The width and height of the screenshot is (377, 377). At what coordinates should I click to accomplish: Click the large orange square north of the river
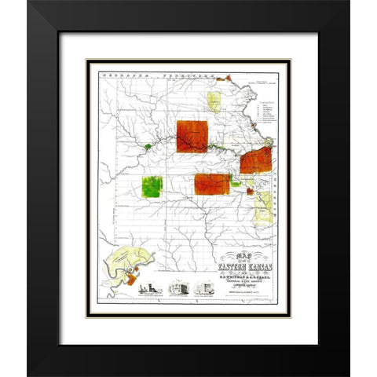tap(192, 136)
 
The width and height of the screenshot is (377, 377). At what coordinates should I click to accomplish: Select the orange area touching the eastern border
tap(256, 159)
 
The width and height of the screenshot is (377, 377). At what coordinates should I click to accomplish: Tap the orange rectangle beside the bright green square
tap(211, 184)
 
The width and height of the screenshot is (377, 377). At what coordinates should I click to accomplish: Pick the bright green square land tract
tap(152, 187)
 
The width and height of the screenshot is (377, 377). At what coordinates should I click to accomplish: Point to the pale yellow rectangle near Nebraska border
tap(213, 101)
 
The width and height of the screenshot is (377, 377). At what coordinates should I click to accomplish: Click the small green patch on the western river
tap(148, 146)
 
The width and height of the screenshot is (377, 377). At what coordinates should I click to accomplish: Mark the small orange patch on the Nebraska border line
tap(228, 78)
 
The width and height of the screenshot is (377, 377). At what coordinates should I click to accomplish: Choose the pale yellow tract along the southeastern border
tap(264, 206)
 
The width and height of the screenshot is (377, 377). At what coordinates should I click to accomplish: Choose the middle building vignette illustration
tap(180, 287)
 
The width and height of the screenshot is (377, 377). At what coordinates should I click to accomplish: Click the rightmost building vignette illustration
tap(203, 287)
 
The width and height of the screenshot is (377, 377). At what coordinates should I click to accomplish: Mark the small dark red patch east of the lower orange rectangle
tap(250, 191)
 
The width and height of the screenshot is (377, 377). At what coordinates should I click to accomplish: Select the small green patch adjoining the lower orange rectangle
tap(236, 183)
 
